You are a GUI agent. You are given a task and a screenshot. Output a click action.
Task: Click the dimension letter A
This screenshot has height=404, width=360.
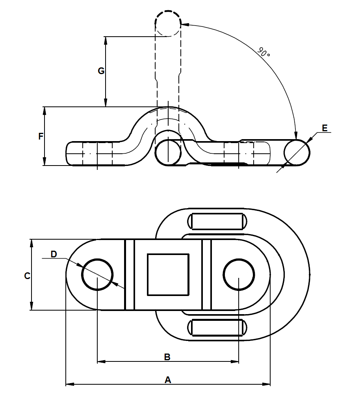click(168, 380)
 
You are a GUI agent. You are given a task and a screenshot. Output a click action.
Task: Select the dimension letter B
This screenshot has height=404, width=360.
click(167, 357)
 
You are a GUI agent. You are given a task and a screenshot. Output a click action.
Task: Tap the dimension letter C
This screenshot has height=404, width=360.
click(27, 276)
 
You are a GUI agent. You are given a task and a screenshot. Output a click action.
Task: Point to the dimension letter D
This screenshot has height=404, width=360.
click(54, 254)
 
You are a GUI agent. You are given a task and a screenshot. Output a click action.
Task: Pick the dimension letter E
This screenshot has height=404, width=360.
click(325, 128)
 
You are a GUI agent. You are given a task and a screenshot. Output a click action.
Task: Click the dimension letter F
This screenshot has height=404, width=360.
click(41, 137)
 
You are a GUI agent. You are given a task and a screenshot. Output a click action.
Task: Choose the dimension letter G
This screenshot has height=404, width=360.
click(101, 71)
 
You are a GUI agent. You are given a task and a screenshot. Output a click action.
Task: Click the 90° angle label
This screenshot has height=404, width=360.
click(264, 52)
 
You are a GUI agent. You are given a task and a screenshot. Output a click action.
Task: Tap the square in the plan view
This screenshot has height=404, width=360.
click(168, 274)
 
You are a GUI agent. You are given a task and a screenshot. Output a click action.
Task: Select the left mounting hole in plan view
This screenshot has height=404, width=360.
click(97, 274)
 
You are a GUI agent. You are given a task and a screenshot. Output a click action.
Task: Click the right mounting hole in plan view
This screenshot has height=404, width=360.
click(239, 274)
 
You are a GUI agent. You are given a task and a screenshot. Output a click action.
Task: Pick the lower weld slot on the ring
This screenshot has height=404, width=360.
click(217, 328)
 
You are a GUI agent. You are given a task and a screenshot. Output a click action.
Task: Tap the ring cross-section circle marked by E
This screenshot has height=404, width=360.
click(297, 152)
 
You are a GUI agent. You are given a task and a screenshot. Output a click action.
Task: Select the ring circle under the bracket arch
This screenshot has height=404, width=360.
click(168, 152)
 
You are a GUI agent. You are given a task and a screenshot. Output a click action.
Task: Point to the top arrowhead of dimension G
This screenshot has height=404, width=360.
click(106, 39)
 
